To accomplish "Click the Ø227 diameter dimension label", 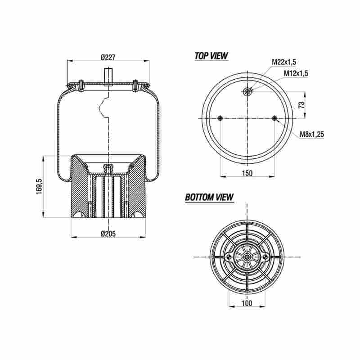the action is [108, 57].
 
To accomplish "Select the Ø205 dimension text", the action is [108, 234].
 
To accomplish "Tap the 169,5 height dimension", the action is [39, 186].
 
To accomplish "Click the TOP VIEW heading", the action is [211, 56].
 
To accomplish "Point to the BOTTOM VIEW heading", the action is [209, 197].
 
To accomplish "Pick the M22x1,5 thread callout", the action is [284, 62].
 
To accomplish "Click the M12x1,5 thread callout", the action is [296, 73].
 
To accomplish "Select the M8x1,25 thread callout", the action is [312, 134].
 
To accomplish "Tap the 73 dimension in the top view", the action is [302, 105].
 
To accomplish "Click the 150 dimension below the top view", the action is [247, 173].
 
